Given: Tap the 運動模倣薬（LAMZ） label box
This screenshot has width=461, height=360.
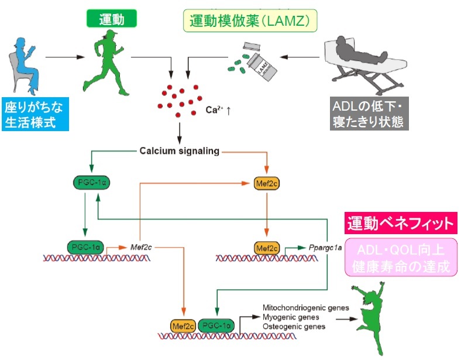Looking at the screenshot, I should [x=250, y=21].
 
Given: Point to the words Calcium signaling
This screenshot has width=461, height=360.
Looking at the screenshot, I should [x=179, y=150].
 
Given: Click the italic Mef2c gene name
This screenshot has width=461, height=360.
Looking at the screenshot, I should [x=141, y=246].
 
